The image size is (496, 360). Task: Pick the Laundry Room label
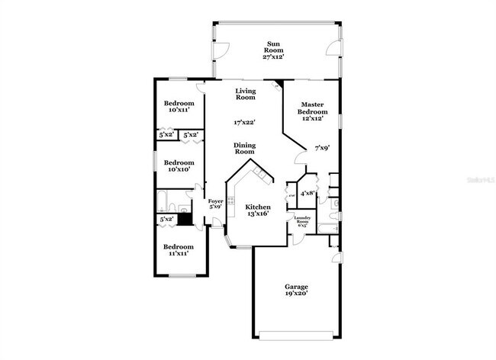coord(302,222)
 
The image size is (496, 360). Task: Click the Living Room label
coord(245,94)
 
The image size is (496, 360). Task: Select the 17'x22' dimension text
coord(244,122)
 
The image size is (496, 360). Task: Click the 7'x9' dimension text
coord(322,148)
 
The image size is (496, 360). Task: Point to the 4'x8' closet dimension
coord(308,194)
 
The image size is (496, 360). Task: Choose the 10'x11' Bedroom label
coord(179,106)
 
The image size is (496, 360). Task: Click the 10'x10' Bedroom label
coord(179,166)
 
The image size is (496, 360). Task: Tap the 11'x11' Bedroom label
coord(179,249)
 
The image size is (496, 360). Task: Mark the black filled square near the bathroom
coord(183,215)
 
